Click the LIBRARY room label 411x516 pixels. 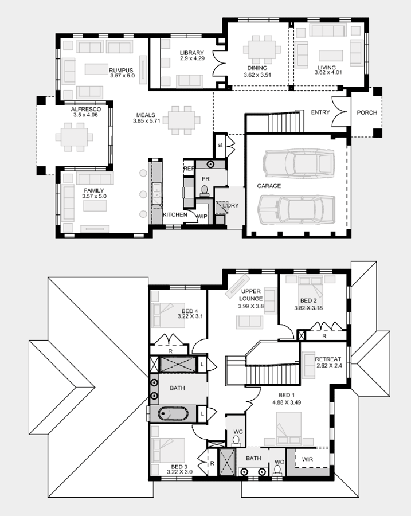coord(191,53)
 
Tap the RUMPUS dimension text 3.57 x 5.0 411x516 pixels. coord(123,76)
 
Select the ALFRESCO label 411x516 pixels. coord(86,110)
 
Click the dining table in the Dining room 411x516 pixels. coord(262,50)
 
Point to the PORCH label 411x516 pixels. coord(367,112)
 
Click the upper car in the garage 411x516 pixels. coord(299,163)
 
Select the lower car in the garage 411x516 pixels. coord(296,209)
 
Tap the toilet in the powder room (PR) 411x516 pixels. coord(204,191)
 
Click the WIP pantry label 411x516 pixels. coord(202,217)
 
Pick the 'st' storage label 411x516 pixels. coord(220,145)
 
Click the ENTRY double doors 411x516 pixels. coord(339,112)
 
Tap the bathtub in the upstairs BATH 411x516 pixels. coord(173,414)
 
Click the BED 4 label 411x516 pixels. coord(190,311)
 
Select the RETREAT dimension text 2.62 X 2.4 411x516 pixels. coord(329,365)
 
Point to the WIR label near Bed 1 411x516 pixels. coord(307,459)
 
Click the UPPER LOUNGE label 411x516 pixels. coord(250,295)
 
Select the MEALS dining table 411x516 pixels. coord(182,120)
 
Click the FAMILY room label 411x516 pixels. coord(94,190)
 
